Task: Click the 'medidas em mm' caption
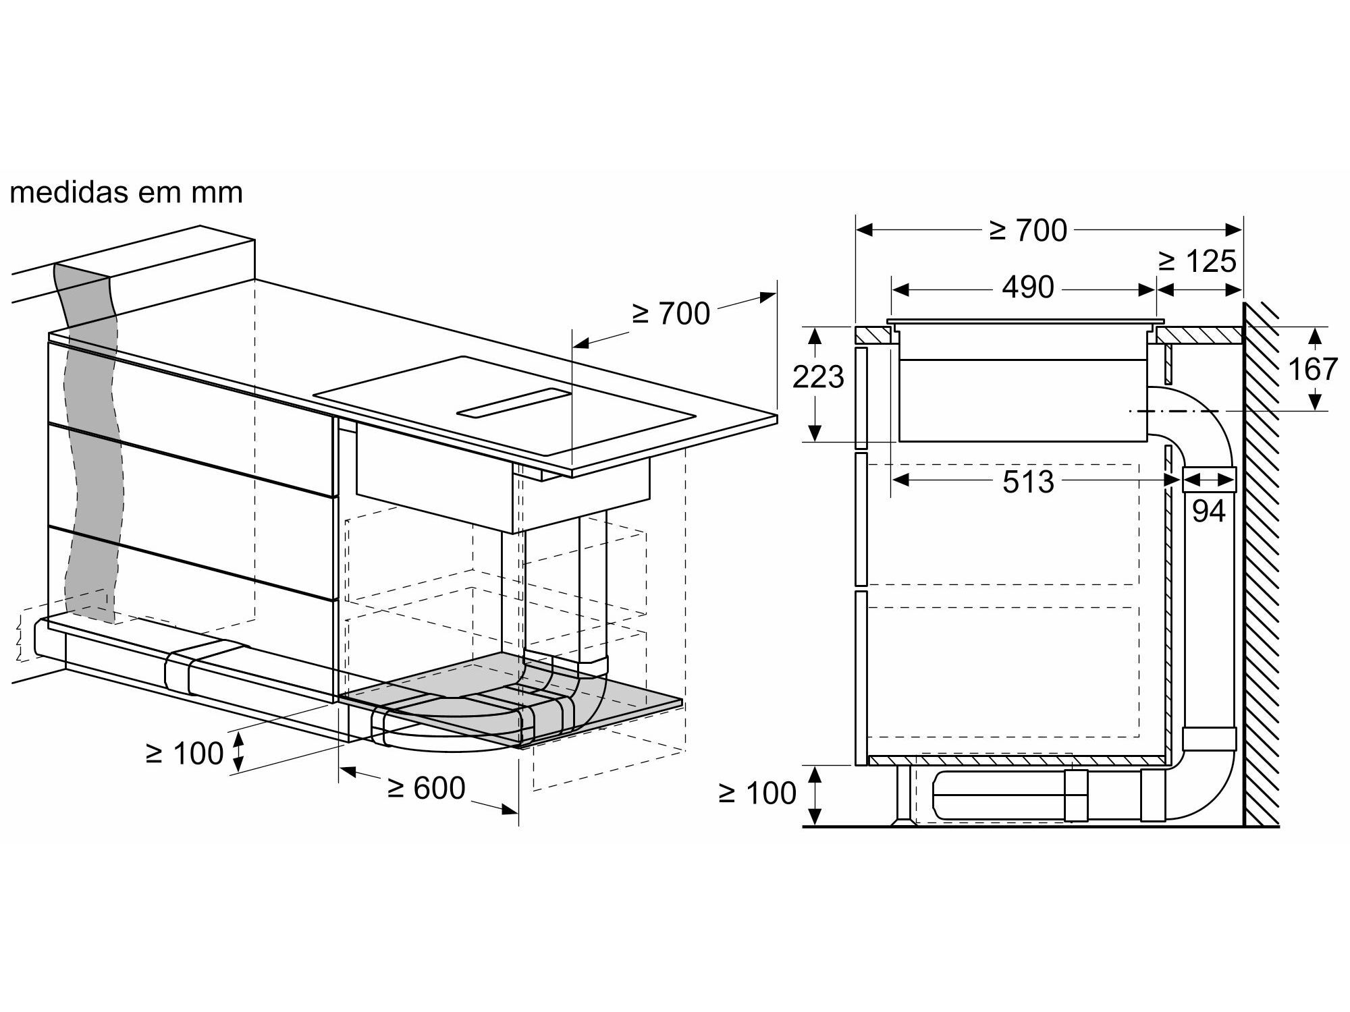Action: (126, 193)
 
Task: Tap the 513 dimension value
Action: (1028, 482)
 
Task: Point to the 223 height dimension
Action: (818, 377)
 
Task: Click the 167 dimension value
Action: (1313, 369)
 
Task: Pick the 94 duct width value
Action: (1208, 511)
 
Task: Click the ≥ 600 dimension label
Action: (427, 788)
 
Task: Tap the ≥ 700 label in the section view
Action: (1028, 231)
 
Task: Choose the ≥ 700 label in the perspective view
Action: (670, 314)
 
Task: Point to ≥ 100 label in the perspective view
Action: (184, 754)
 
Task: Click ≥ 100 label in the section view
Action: (758, 793)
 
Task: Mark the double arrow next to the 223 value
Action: (815, 384)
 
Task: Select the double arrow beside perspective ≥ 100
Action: (238, 753)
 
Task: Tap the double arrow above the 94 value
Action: (1208, 480)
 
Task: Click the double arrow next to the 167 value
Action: (1314, 369)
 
